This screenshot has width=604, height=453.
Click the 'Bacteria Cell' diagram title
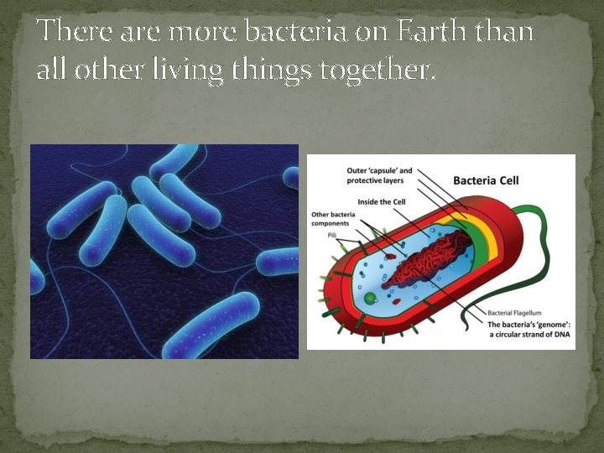[487, 180]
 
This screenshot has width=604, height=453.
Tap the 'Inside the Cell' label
[382, 201]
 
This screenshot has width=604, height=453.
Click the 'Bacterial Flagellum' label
[519, 313]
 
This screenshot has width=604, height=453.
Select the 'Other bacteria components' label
[334, 219]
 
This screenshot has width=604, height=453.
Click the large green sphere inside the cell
[369, 298]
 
